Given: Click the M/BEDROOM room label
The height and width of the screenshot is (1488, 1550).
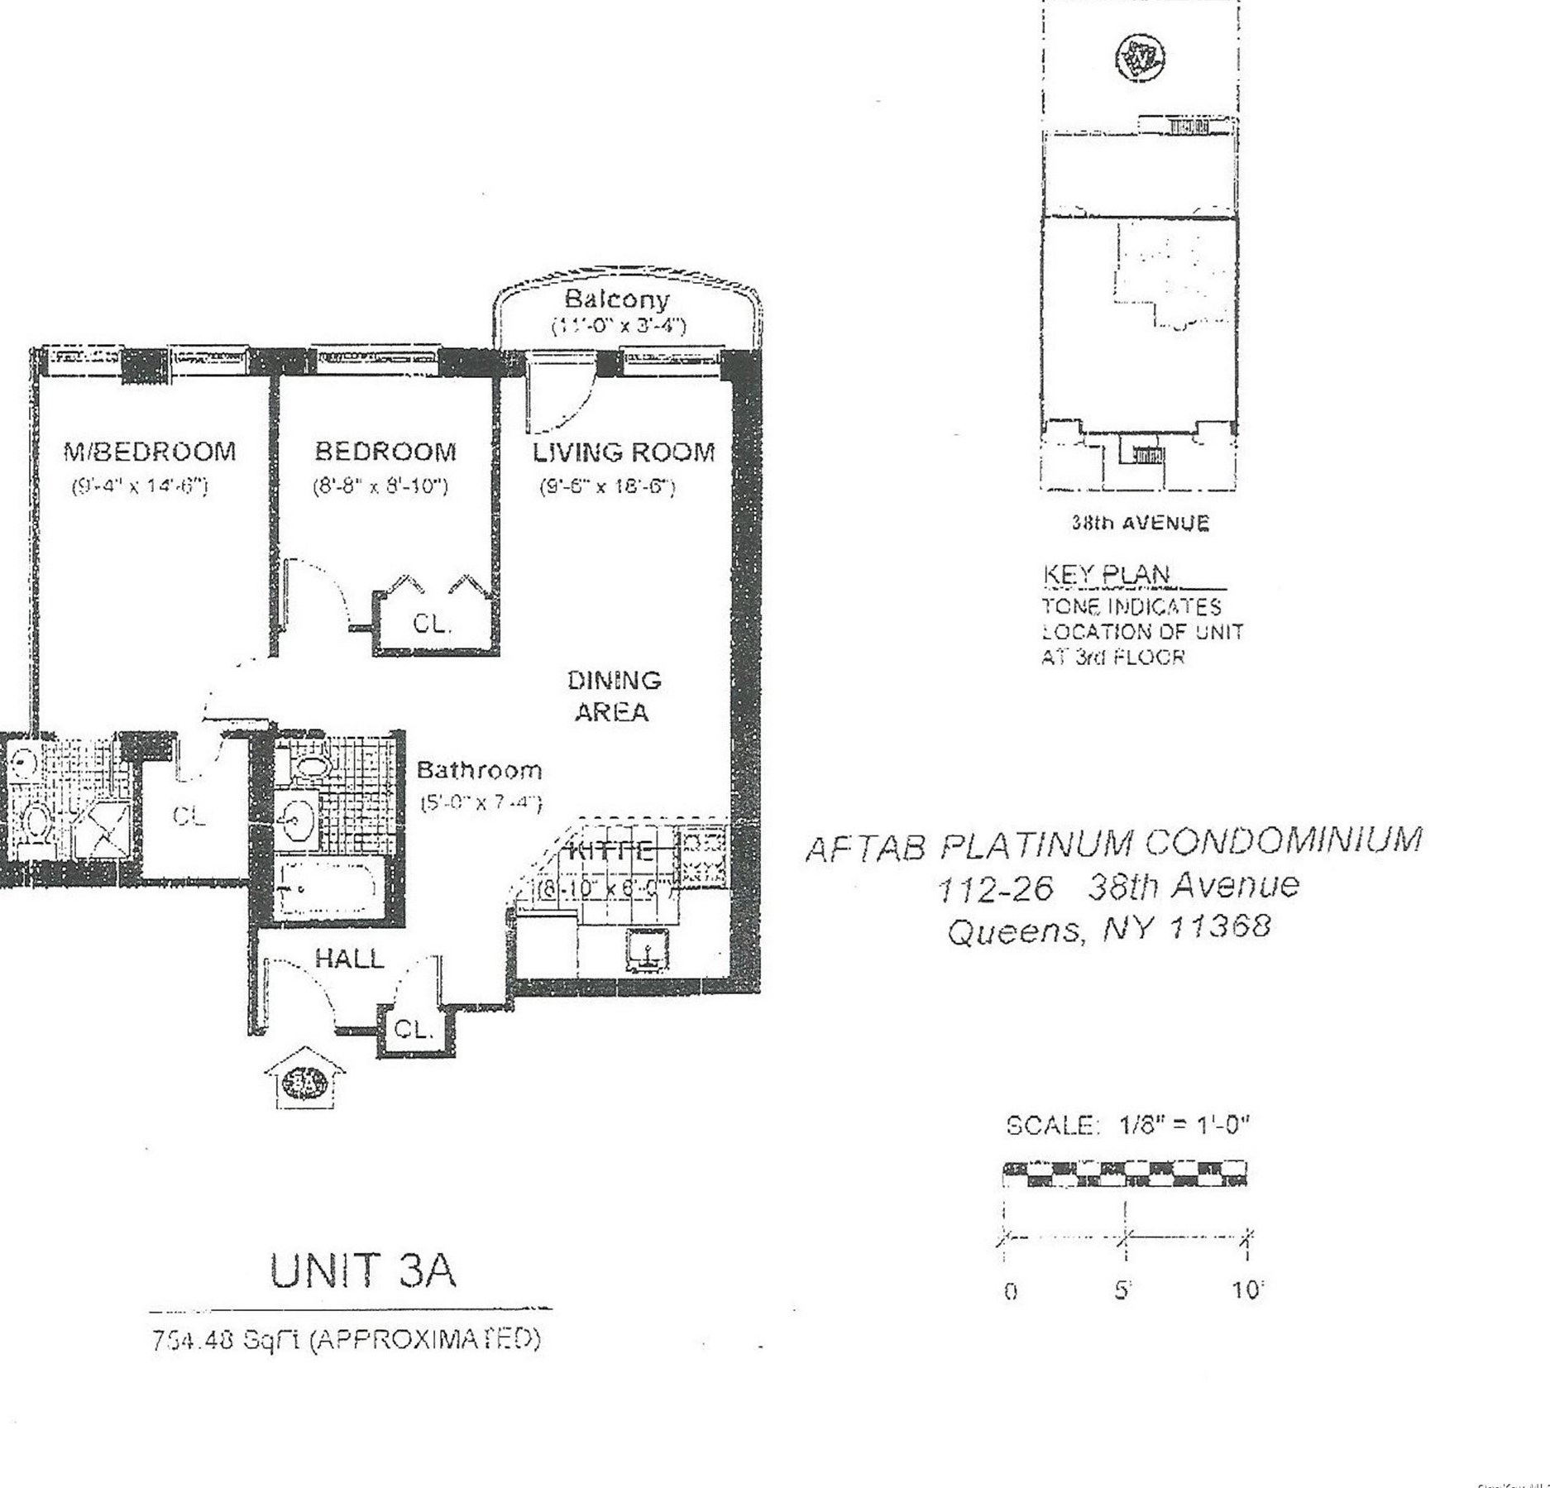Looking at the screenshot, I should coord(150,452).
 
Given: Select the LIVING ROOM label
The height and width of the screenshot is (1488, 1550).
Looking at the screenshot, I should coord(623,452).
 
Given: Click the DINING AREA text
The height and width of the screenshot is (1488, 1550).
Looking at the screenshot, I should coord(613,696).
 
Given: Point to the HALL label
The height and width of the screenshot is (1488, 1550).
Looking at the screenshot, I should coord(350,959).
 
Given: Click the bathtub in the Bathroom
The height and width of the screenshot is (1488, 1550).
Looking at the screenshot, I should coord(328,888).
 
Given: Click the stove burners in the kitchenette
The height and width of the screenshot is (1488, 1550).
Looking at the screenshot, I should coord(702,857).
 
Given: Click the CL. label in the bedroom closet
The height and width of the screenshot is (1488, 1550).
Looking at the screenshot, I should coord(432,624).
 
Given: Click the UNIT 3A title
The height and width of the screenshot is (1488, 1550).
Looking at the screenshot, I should coord(362,1271).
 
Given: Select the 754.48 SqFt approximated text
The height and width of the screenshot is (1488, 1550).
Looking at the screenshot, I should coord(346,1339).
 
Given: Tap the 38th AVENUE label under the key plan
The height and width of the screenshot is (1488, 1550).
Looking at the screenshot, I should coord(1140,523).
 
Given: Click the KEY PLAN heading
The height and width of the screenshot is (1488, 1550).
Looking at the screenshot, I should coord(1106,574).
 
